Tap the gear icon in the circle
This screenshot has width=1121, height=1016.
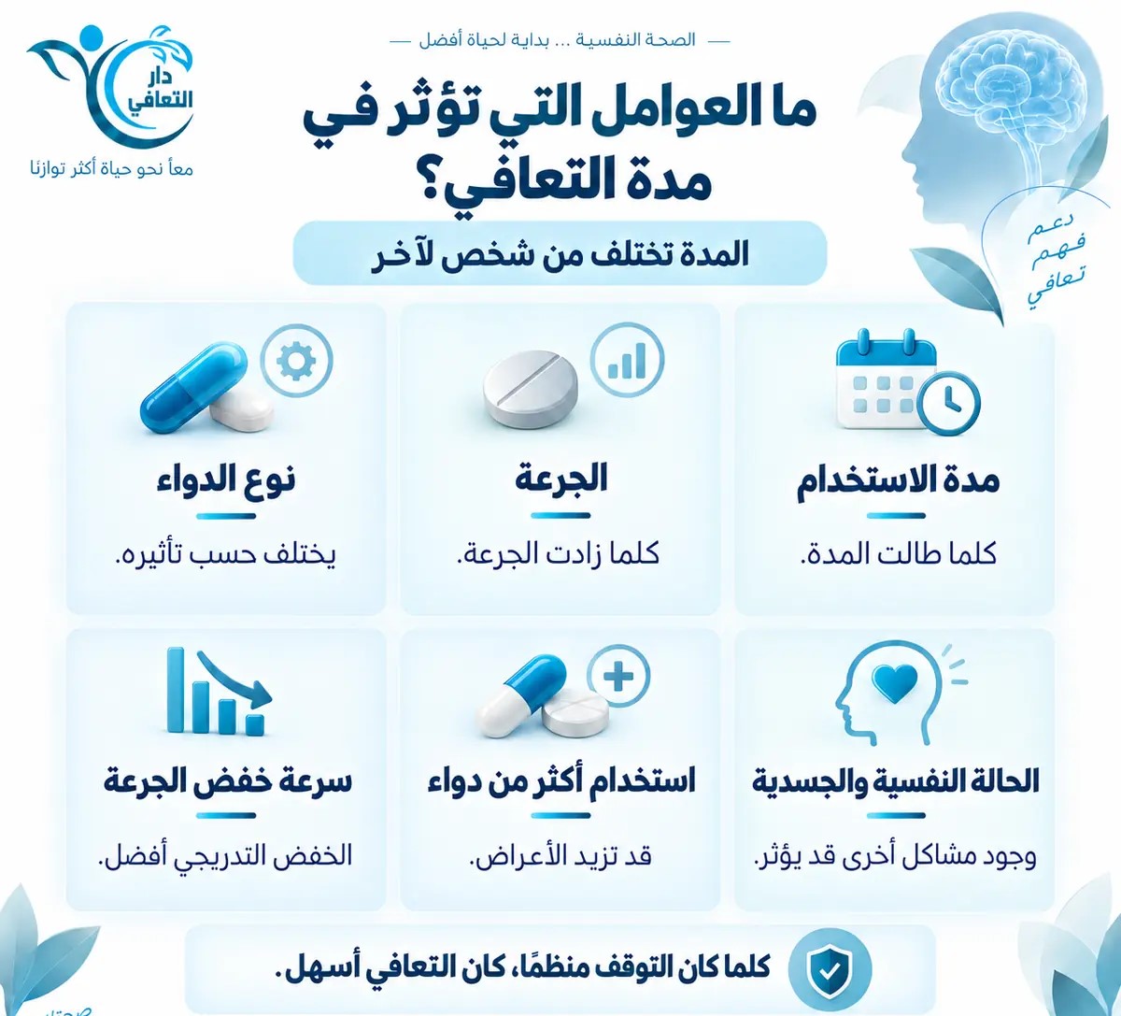coord(296,360)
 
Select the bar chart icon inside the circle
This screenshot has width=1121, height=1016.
coord(627,360)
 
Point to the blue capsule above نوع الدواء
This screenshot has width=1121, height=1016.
coord(193,387)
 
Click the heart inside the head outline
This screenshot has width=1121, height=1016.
coord(895,684)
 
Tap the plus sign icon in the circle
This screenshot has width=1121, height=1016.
coord(619,676)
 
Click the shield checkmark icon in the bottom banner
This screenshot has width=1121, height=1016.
coord(830,970)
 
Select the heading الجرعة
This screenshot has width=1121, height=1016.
coord(560,479)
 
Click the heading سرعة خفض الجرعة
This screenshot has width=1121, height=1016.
coord(227,781)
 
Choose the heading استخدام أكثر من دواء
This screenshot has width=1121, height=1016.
coord(561,780)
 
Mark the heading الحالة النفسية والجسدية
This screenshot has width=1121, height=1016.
coord(895,781)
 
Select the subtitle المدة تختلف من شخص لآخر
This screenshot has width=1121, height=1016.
coord(560,255)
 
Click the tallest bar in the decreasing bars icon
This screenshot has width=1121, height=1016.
coord(176,690)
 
